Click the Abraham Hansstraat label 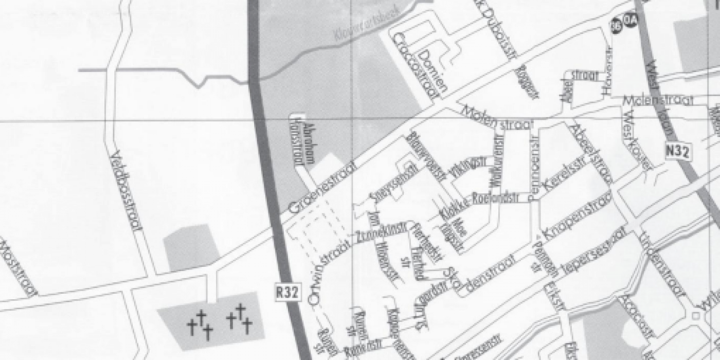pyautogui.click(x=304, y=143)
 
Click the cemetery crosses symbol pyautogui.click(x=219, y=322)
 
